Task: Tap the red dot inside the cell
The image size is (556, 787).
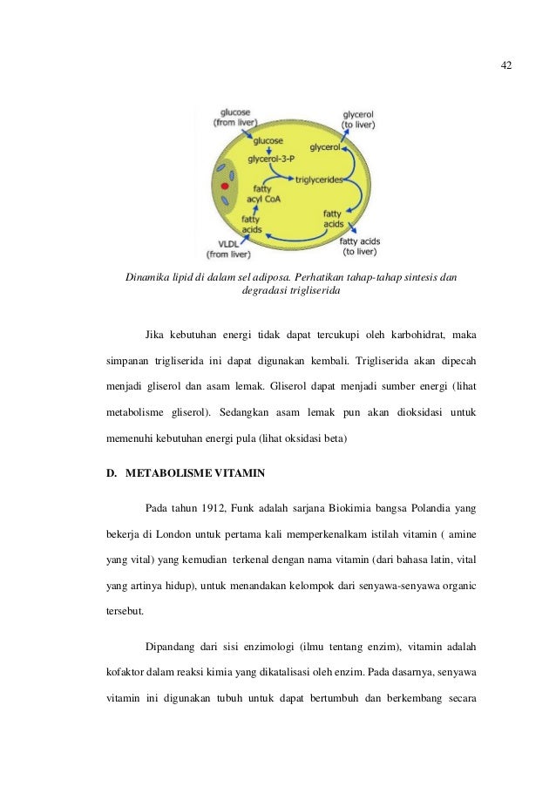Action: click(x=225, y=187)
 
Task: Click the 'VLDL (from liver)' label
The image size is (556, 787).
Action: click(x=227, y=248)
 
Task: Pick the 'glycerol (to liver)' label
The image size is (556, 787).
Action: click(x=359, y=119)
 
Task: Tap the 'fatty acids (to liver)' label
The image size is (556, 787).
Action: click(x=360, y=247)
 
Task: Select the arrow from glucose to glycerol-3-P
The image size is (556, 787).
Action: click(x=268, y=150)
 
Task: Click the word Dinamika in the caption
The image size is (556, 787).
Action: click(x=149, y=278)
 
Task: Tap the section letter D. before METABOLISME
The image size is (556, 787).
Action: click(x=111, y=474)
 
